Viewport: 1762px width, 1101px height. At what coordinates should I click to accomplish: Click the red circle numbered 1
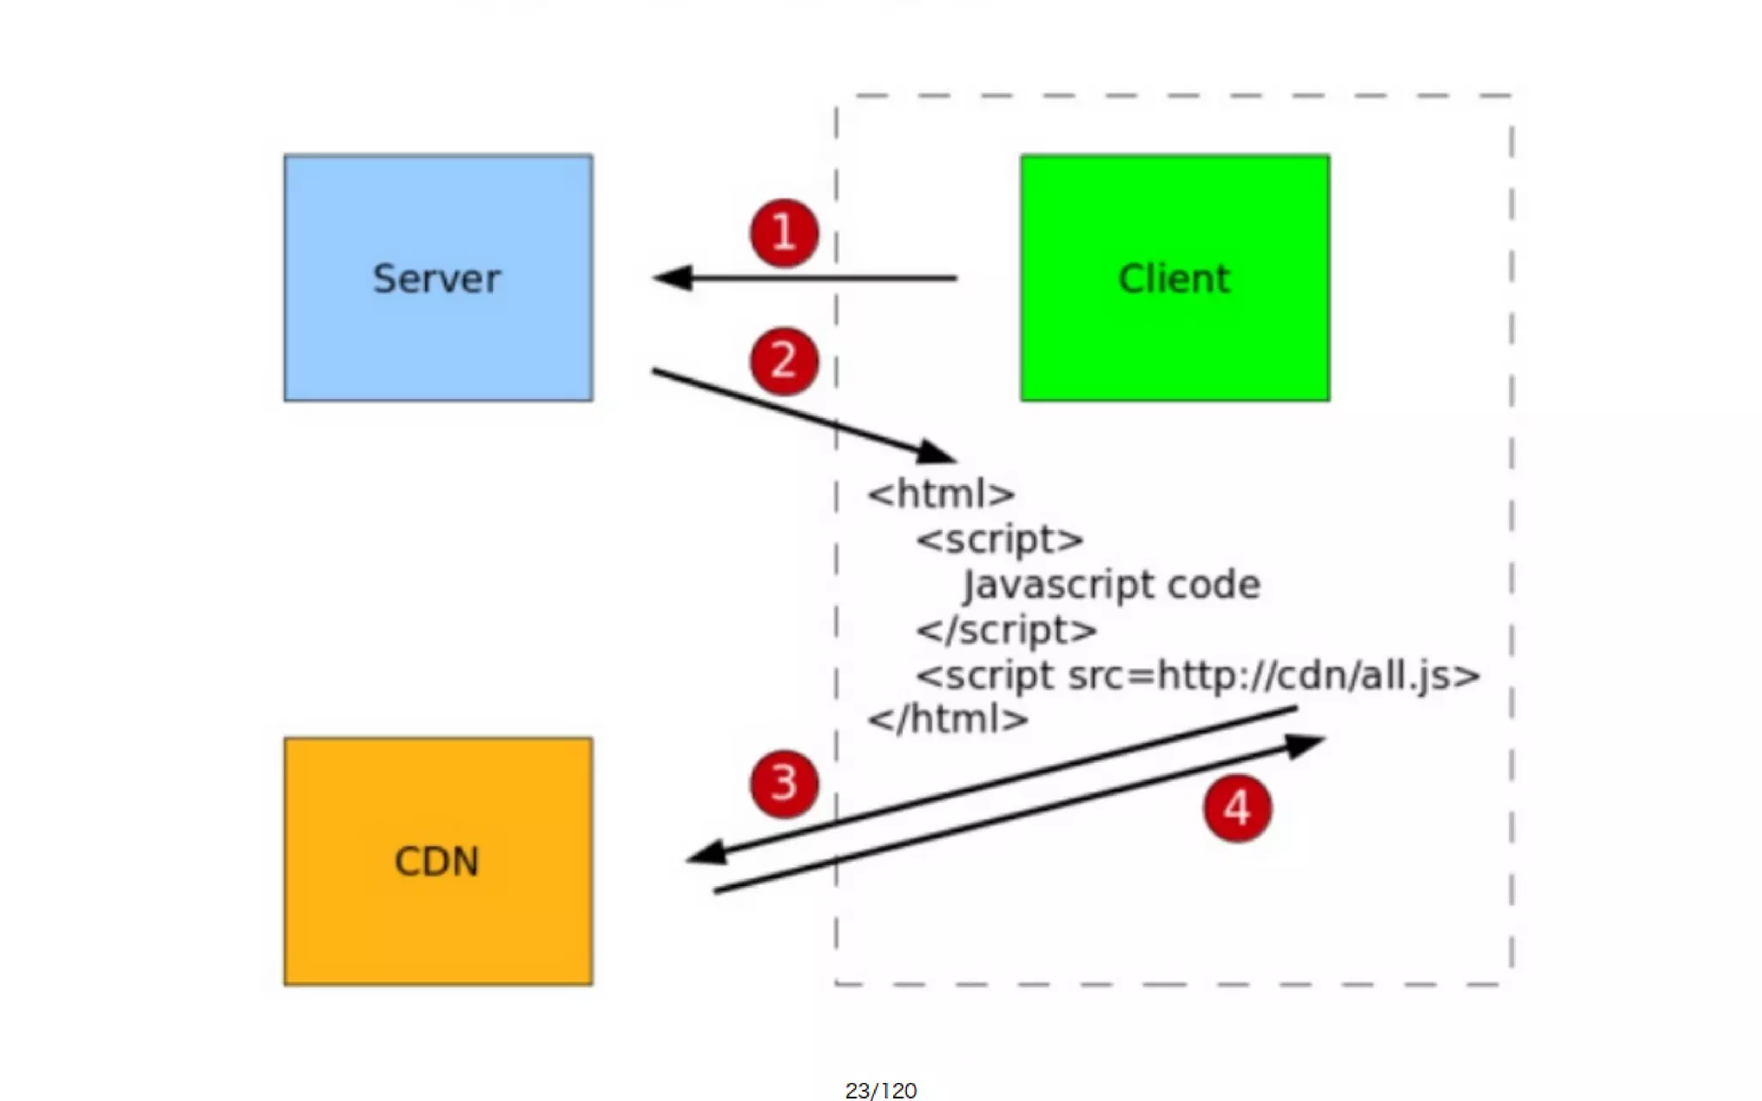[783, 233]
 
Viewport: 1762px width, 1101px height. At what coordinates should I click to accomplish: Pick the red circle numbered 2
[783, 360]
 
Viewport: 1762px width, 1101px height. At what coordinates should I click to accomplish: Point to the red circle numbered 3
[783, 784]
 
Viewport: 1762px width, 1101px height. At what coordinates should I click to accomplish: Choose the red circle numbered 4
[1237, 808]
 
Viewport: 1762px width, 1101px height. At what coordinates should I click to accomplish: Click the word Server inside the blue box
[436, 279]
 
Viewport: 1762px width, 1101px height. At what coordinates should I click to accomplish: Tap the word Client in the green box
[1174, 279]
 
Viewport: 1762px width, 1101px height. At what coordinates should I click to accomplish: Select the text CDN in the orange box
[436, 861]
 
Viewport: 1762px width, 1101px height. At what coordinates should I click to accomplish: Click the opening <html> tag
[941, 495]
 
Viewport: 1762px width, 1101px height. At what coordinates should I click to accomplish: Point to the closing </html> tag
[948, 719]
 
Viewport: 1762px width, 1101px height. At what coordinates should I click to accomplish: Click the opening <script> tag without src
[1000, 540]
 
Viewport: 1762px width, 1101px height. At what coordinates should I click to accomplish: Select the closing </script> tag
[1007, 630]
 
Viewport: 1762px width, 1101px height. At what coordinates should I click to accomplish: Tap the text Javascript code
[1112, 585]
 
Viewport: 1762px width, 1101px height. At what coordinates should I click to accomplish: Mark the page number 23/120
[881, 1091]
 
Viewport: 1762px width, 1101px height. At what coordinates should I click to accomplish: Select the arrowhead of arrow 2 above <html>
[936, 452]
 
